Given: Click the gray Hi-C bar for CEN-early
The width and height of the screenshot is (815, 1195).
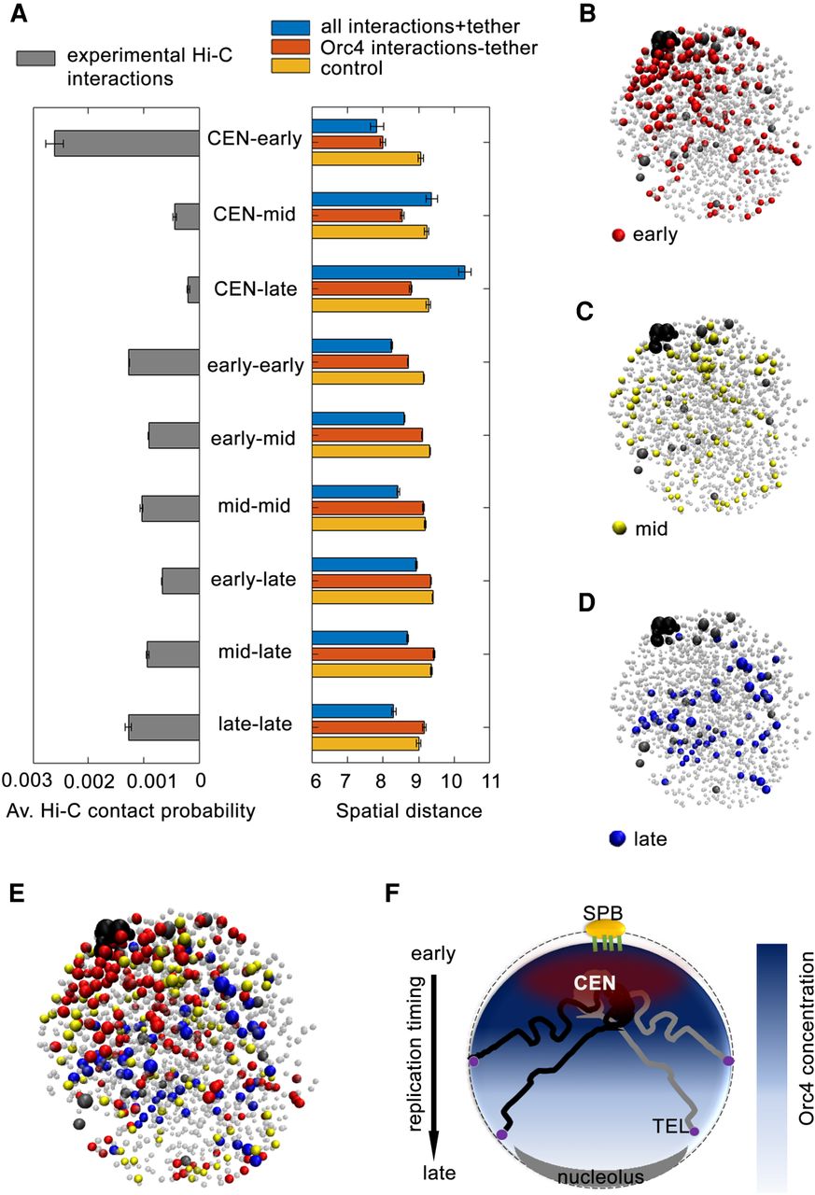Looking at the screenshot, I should pos(127,143).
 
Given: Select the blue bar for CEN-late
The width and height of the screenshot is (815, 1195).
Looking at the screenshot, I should pos(387,272).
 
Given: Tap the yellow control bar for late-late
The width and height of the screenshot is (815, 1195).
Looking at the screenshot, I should pos(365,744).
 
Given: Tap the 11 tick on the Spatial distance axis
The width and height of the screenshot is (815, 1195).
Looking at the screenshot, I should pos(489,780).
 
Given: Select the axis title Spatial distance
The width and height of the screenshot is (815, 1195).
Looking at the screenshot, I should pos(408,810).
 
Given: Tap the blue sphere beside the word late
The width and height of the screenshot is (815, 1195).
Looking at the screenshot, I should pos(616,838).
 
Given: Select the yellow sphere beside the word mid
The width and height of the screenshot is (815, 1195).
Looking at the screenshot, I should pos(618,528).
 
